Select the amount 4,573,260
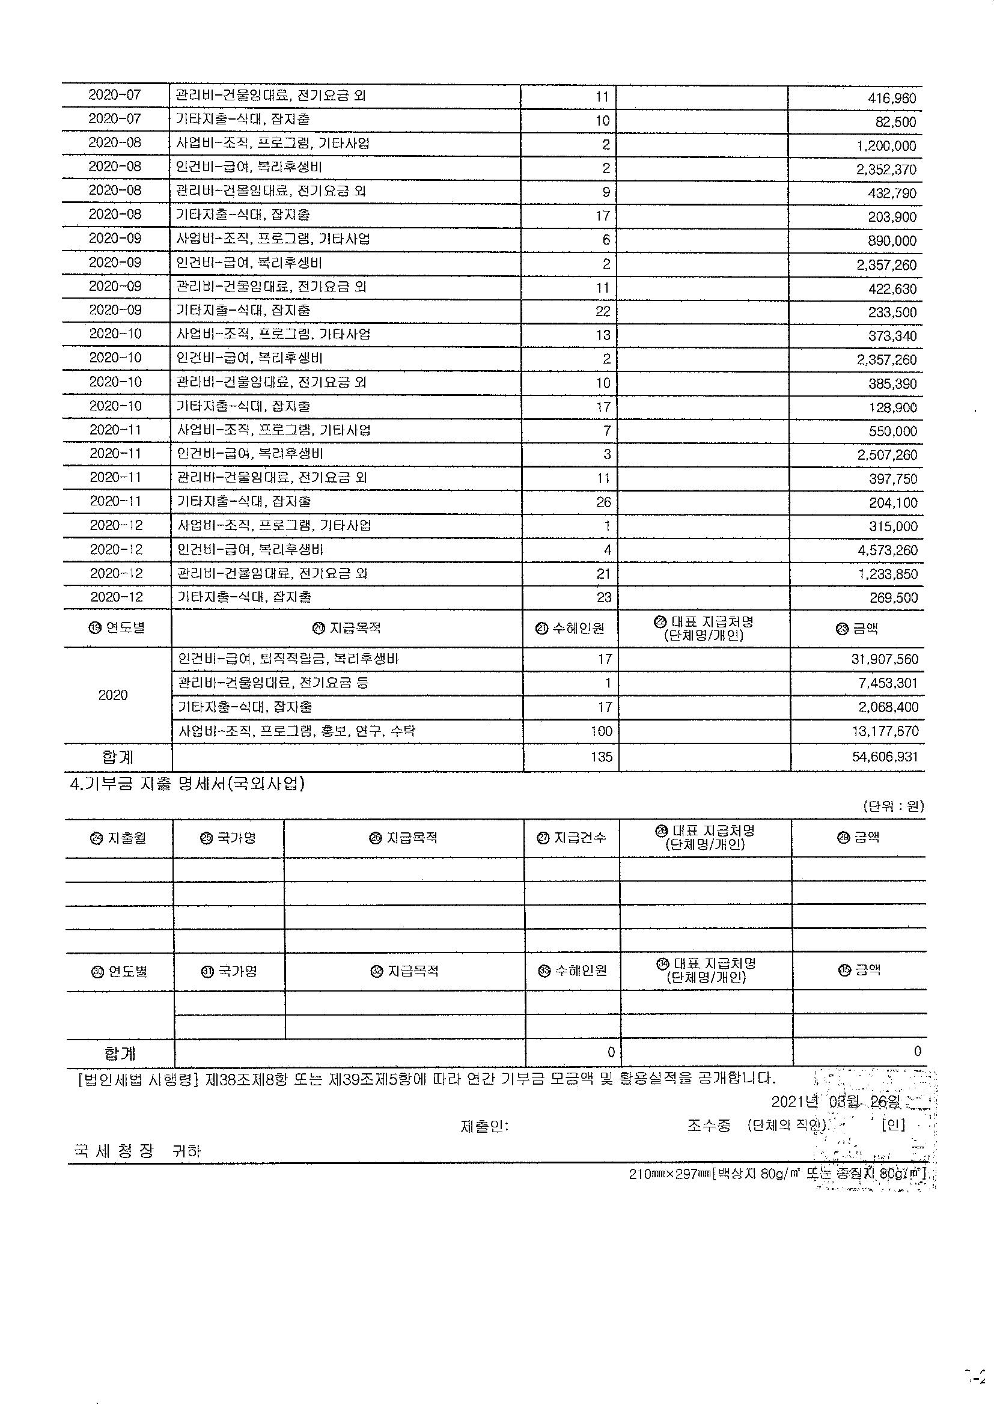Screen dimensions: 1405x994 tap(888, 550)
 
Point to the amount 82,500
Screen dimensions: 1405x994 tap(895, 122)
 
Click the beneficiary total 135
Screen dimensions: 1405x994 tap(601, 757)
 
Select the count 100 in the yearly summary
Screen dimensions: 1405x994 tap(601, 731)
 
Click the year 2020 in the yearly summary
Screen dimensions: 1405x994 tap(112, 695)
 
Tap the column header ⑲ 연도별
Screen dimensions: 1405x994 tap(117, 628)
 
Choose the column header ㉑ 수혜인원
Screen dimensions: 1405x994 tap(570, 629)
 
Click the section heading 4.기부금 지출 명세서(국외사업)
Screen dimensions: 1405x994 tap(188, 784)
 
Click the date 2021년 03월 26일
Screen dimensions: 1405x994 tap(835, 1102)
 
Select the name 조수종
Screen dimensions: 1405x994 tap(709, 1126)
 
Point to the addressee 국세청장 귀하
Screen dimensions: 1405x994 tap(136, 1151)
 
